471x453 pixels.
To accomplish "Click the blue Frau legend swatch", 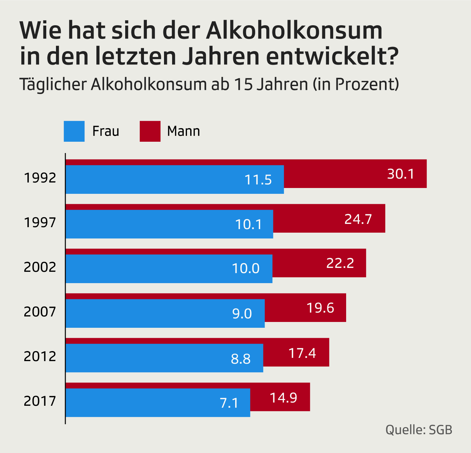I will click(74, 131).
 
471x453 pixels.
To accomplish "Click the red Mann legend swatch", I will click(150, 131).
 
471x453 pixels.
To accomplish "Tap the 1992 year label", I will click(40, 178).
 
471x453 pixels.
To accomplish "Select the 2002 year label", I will click(40, 267).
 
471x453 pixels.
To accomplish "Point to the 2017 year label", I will click(40, 401).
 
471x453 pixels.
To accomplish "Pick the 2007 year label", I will click(40, 312).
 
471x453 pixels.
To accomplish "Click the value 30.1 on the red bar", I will click(401, 174).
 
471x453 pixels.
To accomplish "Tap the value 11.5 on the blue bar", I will click(258, 180).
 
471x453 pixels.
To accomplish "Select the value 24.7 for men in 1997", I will click(358, 219).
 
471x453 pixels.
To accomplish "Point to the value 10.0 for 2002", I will click(246, 269).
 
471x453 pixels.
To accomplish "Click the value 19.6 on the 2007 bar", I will click(320, 308).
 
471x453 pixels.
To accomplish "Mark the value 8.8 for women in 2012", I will click(241, 359).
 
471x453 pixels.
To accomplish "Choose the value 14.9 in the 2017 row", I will click(283, 398).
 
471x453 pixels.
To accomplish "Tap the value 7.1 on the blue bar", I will click(229, 403).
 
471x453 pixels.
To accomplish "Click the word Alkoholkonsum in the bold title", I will click(294, 30).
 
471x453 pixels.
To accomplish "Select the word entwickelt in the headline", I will click(328, 56).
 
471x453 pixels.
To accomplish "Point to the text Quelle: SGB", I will click(419, 430).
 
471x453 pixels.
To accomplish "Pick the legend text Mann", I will click(183, 131).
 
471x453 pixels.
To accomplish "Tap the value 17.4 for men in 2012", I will click(302, 353).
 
